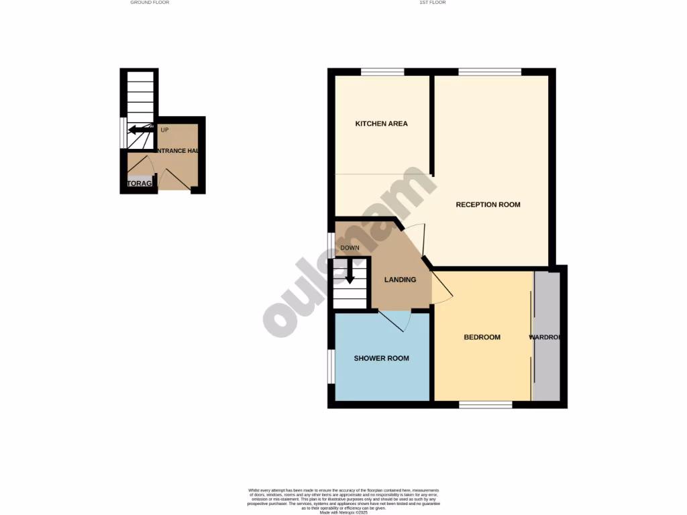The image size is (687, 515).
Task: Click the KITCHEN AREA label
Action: tap(381, 123)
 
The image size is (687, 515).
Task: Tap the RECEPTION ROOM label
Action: tap(488, 205)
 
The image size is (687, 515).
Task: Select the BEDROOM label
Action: tap(482, 337)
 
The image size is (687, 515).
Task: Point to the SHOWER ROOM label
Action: tap(381, 358)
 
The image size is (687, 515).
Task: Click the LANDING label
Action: tap(400, 280)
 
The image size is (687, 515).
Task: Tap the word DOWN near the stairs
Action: tap(350, 248)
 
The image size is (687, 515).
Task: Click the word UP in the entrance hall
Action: tap(164, 129)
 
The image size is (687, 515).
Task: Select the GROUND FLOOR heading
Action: tap(150, 3)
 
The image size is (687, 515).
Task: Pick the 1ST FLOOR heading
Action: tap(433, 3)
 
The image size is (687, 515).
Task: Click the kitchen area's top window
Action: tap(382, 72)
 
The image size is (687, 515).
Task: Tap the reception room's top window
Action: tap(490, 72)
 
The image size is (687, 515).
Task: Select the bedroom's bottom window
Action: tap(485, 404)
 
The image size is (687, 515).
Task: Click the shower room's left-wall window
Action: tap(331, 366)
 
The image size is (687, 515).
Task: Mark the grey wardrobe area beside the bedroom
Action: tap(547, 335)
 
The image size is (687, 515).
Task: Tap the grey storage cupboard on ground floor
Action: tap(140, 183)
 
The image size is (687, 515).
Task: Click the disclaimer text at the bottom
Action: tap(343, 500)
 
